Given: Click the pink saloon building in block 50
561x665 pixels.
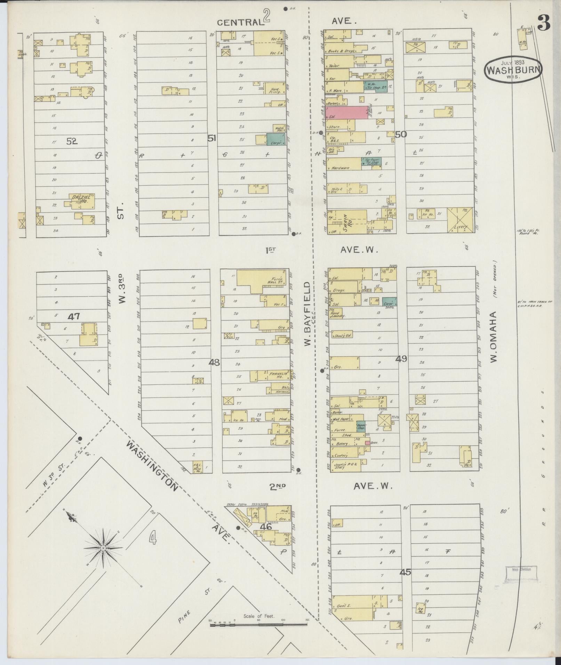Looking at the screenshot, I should [x=347, y=113].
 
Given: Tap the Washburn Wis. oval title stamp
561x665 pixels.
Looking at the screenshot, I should [x=513, y=70].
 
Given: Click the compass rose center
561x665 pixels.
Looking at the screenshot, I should [x=103, y=548].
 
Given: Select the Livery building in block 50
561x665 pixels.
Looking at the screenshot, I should [x=460, y=220].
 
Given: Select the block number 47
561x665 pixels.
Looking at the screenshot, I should [x=74, y=316].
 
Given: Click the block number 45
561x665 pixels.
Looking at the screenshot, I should [x=405, y=571].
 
